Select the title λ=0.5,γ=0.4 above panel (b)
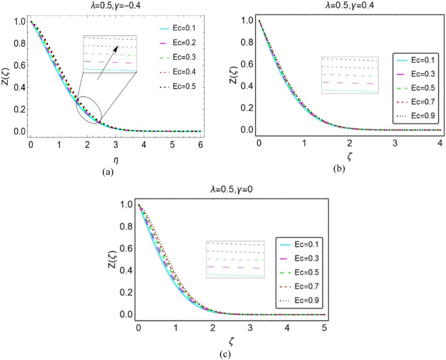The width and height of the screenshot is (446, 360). pos(340,5)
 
